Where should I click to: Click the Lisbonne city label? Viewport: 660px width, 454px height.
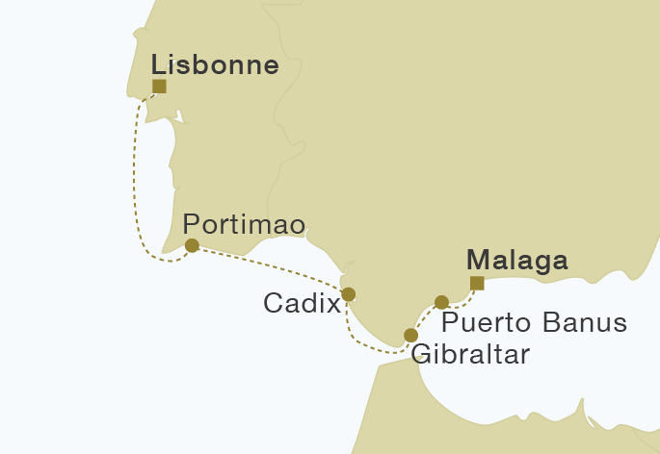pos(216,65)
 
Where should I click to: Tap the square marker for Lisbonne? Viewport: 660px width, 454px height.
pos(159,87)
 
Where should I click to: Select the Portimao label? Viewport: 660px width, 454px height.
pos(244,223)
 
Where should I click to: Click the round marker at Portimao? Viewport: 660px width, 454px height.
pos(192,245)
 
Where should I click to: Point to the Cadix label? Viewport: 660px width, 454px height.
pos(302,304)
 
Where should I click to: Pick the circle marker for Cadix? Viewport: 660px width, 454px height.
pos(349,294)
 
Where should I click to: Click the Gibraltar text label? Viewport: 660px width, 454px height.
pos(470,354)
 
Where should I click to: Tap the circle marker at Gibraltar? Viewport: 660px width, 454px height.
pos(411,335)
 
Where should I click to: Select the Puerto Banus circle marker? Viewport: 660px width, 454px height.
pos(442,302)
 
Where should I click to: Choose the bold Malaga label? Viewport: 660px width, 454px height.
pos(516,261)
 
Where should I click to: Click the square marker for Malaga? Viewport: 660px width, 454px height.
pos(476,283)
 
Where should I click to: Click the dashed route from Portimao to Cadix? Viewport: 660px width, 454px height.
pos(270,265)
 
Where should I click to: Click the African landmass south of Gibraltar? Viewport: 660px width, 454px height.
pos(385,414)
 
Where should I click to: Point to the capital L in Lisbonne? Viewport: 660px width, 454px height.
pos(159,65)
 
